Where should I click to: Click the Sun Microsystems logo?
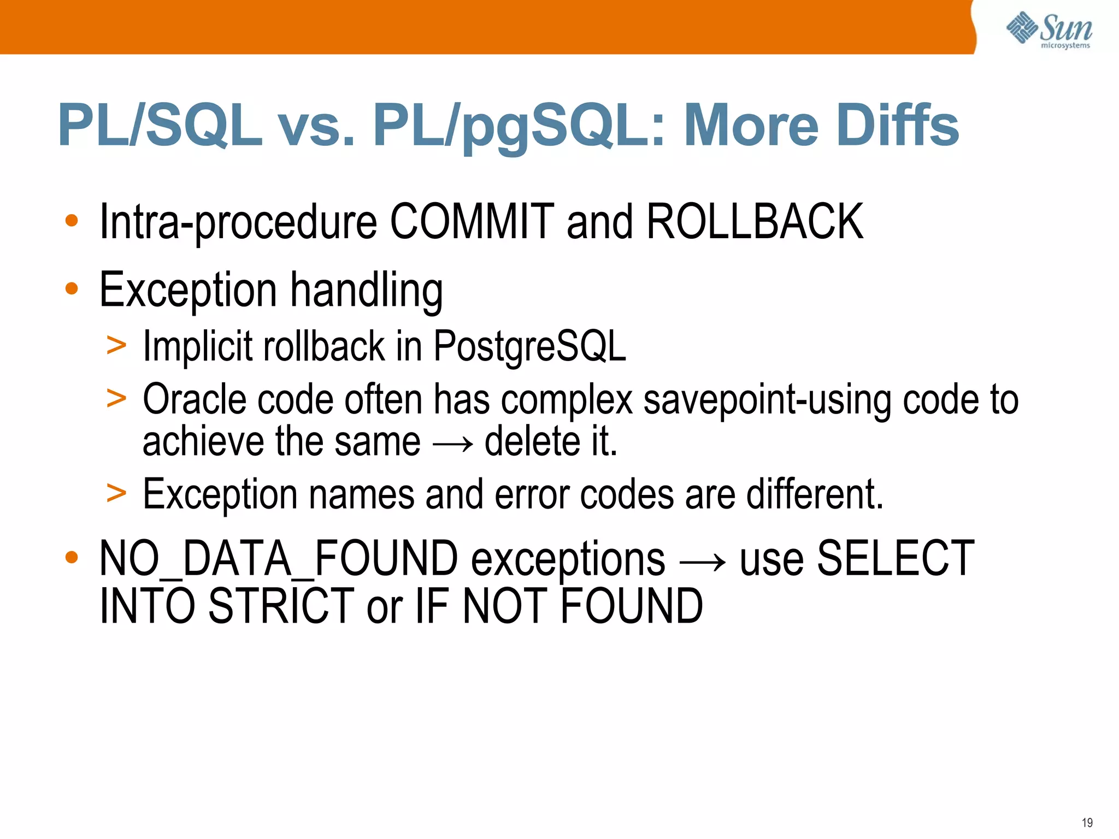[1049, 30]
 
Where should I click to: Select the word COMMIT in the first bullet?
[472, 221]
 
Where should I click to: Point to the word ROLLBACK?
[755, 221]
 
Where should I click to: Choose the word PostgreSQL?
[529, 346]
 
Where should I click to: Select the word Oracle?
[194, 399]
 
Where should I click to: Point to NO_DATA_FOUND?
[278, 558]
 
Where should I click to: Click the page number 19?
[1087, 823]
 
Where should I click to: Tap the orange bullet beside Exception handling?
[72, 288]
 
